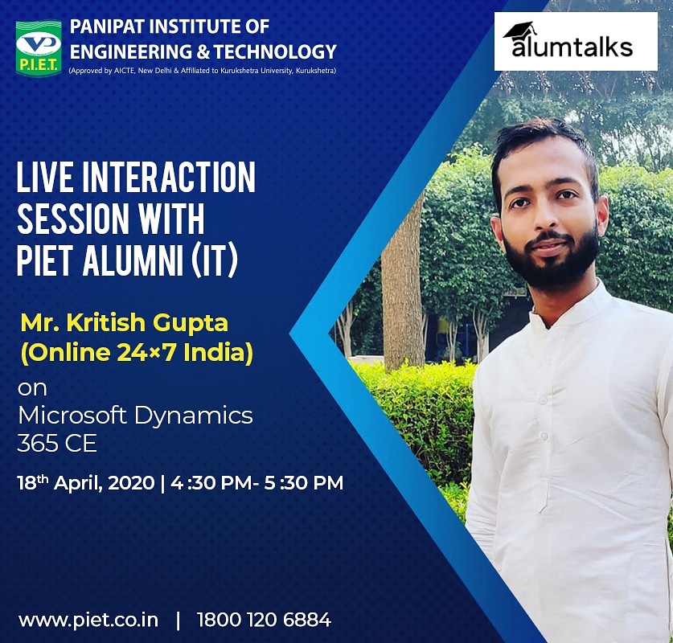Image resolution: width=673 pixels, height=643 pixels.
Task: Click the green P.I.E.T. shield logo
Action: tap(39, 48)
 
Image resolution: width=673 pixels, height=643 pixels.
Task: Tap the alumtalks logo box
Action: tap(575, 41)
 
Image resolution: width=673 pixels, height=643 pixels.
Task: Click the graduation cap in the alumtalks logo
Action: tap(519, 31)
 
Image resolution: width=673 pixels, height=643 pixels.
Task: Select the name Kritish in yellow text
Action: tap(105, 324)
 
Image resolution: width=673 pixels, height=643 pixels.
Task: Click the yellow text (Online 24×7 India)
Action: tap(136, 354)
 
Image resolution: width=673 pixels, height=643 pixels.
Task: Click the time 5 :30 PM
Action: tap(302, 483)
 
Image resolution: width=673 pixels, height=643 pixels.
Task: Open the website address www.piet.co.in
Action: tap(88, 620)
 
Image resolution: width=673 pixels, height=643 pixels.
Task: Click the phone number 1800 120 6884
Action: tap(264, 620)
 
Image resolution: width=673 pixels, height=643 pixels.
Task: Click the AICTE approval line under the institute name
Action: tap(202, 71)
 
